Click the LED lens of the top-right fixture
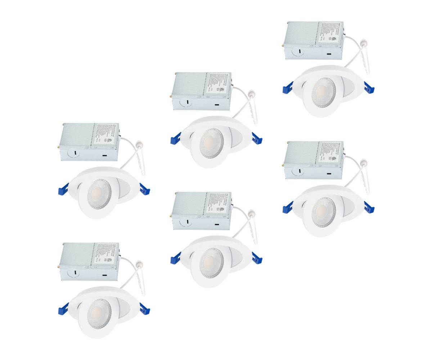tap(323, 93)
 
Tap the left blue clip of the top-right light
tap(288, 87)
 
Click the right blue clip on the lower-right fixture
tap(369, 207)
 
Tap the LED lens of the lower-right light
tap(323, 212)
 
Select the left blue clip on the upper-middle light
tap(176, 138)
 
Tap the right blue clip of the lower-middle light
tap(257, 258)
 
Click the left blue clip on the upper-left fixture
tap(63, 189)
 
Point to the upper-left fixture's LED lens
tap(99, 194)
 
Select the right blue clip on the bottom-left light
tap(145, 309)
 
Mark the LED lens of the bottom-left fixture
tap(99, 314)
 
